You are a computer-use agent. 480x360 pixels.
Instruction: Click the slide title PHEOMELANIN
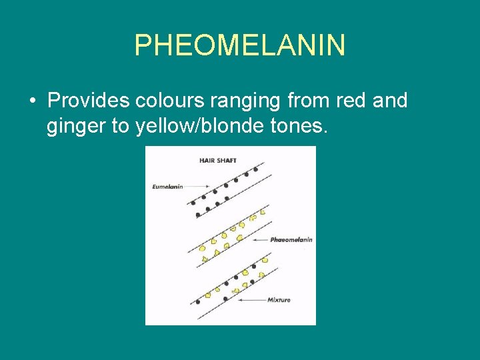[240, 45]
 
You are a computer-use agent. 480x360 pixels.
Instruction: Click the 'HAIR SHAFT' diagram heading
[218, 160]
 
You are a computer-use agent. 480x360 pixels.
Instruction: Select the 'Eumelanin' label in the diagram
[167, 187]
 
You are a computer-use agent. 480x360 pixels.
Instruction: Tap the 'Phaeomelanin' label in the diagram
[291, 239]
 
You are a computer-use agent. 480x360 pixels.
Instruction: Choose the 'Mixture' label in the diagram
[279, 300]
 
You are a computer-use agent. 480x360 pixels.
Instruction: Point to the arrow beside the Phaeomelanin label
[257, 239]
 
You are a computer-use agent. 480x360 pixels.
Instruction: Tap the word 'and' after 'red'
[390, 101]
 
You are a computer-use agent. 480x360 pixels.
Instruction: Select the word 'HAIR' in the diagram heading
[206, 160]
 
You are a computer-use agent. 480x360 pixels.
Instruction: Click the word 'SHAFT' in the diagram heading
[226, 160]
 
